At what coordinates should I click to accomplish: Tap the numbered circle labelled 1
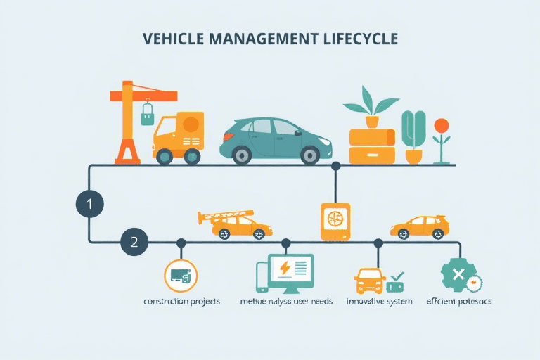click(89, 205)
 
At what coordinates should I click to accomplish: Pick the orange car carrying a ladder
click(238, 224)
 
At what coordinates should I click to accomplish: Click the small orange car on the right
click(420, 226)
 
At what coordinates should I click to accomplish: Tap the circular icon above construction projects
click(180, 276)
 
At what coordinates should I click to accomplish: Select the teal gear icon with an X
click(458, 275)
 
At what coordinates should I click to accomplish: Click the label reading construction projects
click(181, 301)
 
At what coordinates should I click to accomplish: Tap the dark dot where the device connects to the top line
click(335, 166)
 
